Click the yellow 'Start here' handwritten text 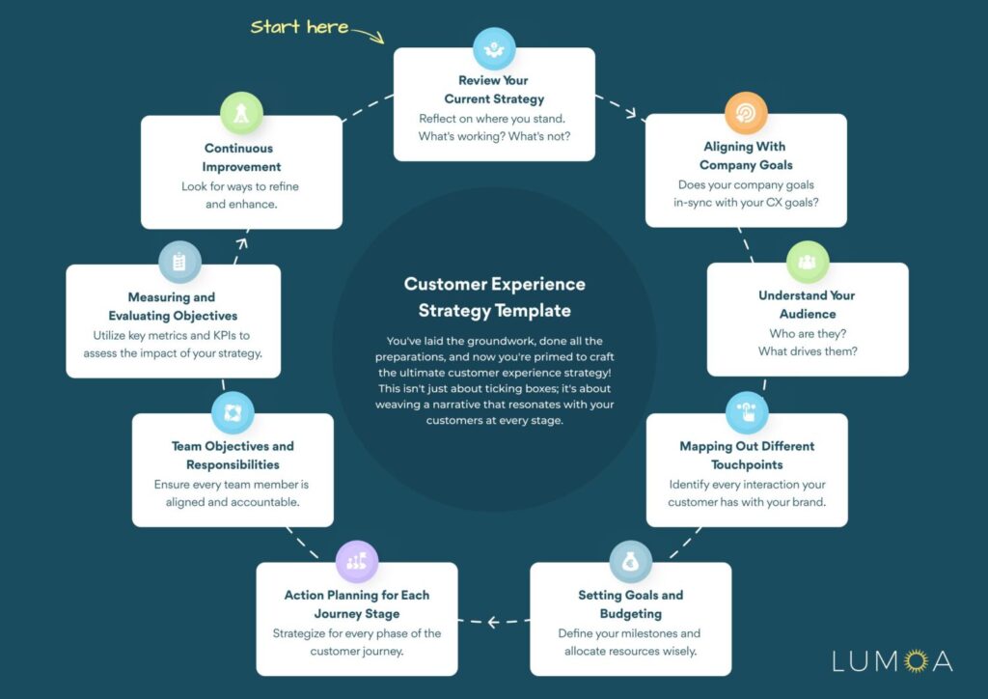(x=300, y=27)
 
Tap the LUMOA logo (x=892, y=661)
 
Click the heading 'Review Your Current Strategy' (x=494, y=90)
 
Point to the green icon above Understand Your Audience (x=808, y=263)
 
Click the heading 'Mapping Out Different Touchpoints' (x=746, y=456)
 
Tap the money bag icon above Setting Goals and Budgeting (x=630, y=561)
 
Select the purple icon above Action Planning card (x=356, y=561)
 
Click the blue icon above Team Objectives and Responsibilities (x=233, y=413)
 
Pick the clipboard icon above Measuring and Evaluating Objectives (x=179, y=263)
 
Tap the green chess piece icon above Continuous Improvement (x=241, y=114)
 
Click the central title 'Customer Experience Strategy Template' (x=494, y=297)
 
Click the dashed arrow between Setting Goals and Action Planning (x=493, y=621)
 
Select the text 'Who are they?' (x=808, y=333)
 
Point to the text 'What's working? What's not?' (x=494, y=137)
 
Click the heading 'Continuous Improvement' (x=240, y=157)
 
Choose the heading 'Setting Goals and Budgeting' (x=630, y=604)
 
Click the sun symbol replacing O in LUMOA (x=914, y=661)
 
